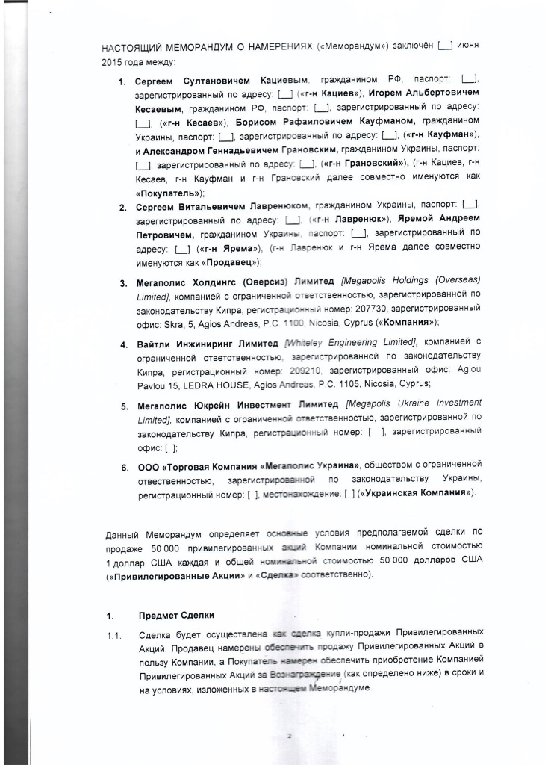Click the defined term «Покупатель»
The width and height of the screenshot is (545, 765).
pos(168,192)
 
